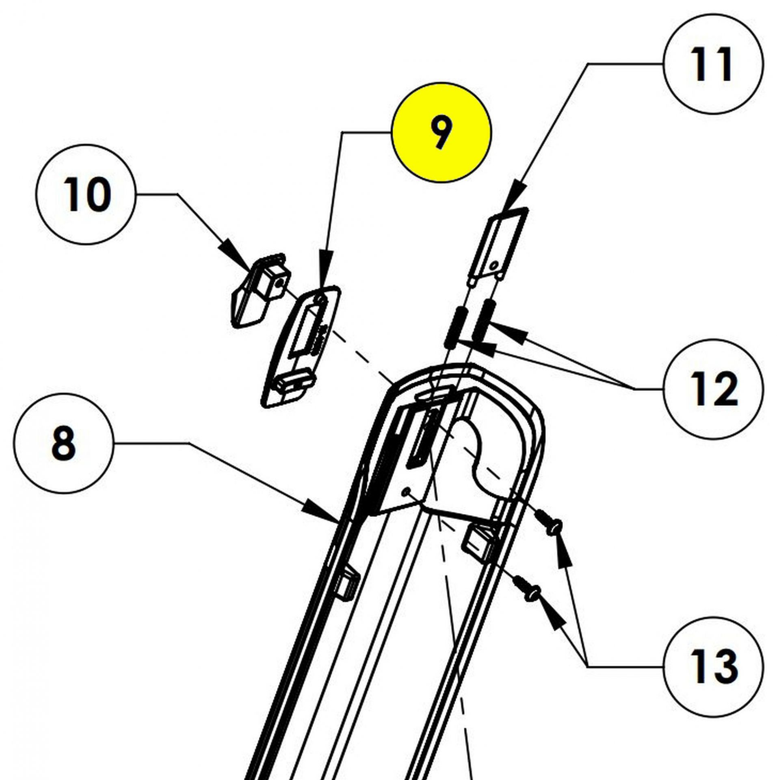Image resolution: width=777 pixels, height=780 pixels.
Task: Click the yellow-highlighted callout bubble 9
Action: [441, 132]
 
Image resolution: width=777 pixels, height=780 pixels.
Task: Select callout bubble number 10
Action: [85, 196]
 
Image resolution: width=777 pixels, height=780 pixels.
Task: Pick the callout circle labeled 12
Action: [713, 389]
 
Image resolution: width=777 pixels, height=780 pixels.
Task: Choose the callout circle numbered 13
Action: [713, 667]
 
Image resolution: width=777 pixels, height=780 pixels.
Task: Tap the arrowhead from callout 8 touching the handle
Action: [325, 515]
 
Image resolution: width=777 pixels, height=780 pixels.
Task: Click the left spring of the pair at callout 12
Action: [454, 327]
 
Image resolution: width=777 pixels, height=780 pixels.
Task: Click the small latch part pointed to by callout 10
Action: [260, 290]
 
